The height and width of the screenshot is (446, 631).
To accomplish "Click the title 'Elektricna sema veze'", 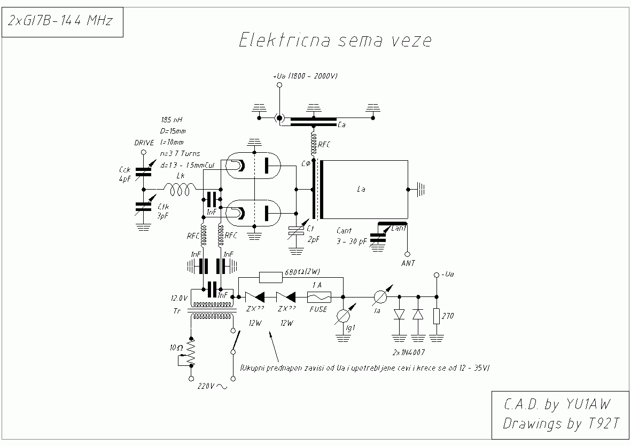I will tap(334, 41).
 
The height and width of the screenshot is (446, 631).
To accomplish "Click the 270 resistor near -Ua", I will tap(437, 316).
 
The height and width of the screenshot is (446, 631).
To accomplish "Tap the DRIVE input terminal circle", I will tap(143, 152).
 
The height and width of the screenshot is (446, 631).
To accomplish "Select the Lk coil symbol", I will tap(180, 189).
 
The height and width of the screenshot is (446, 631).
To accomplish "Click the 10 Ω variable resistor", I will tap(191, 352).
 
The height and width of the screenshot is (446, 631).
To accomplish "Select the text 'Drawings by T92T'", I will tap(560, 424).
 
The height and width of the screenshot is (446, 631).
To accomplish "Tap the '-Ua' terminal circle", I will tap(437, 275).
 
